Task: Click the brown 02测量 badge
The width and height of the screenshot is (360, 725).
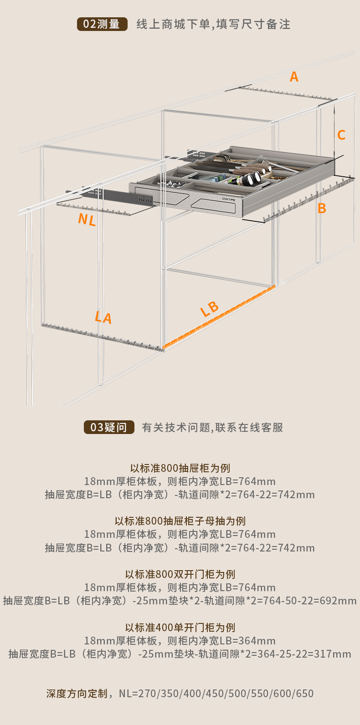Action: [x=102, y=24]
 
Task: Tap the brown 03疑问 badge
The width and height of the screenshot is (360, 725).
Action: [x=109, y=427]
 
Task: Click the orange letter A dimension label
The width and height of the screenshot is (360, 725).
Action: [x=294, y=77]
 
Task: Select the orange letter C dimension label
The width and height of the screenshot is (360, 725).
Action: [x=341, y=135]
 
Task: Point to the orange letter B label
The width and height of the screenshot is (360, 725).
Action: [x=322, y=208]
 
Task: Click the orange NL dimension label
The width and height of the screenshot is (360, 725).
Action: [x=87, y=220]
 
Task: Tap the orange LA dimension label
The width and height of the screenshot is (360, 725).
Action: [x=103, y=317]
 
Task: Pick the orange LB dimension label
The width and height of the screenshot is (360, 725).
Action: [x=210, y=309]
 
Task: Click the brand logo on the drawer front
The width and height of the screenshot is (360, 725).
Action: [x=229, y=199]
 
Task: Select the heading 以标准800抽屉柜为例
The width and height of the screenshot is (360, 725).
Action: [x=180, y=468]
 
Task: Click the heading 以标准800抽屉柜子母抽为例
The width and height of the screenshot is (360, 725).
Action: [x=180, y=521]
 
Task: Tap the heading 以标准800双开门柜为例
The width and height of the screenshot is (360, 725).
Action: [x=180, y=574]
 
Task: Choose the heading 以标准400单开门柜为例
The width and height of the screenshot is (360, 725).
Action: [x=180, y=628]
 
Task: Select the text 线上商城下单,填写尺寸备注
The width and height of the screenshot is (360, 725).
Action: [x=213, y=24]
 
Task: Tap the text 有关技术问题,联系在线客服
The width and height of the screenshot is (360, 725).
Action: [x=212, y=427]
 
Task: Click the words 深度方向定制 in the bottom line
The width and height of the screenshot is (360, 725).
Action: [x=77, y=694]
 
